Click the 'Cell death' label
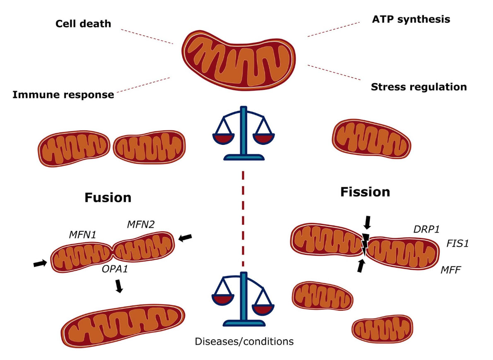click(83, 23)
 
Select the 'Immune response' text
click(63, 95)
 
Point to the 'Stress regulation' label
click(418, 87)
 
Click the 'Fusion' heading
click(108, 197)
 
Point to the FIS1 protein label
click(457, 243)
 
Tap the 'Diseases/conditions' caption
click(244, 342)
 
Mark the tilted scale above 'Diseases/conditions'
click(244, 299)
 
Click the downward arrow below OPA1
click(119, 286)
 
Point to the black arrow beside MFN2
click(185, 238)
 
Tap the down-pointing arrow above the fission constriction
click(367, 223)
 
